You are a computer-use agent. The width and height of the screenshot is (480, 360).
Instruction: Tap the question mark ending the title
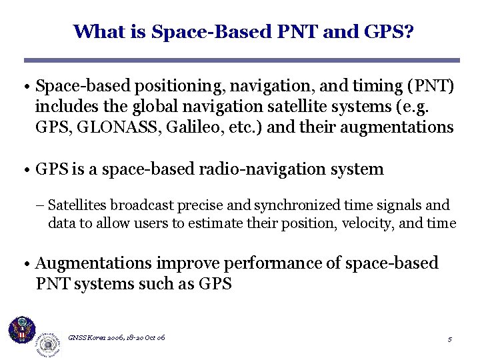pos(408,31)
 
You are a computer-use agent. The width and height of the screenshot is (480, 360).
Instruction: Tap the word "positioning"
pos(167,87)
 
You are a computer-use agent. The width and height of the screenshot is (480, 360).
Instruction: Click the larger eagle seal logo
pos(22,330)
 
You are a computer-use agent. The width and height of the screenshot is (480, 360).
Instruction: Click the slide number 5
pos(450,340)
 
